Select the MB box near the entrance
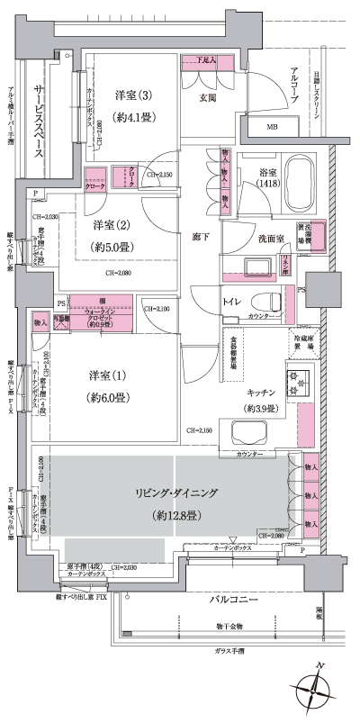[x=273, y=128]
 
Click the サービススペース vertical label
[x=40, y=123]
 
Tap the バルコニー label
[x=236, y=600]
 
